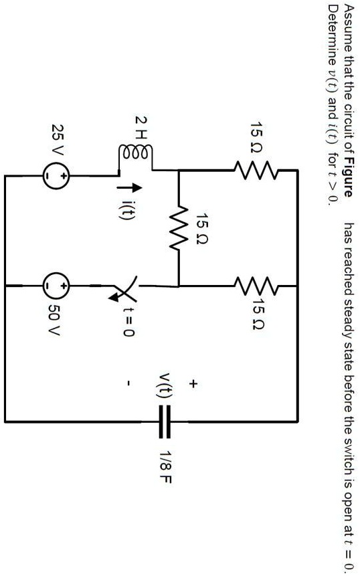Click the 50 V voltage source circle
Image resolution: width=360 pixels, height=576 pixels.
click(x=56, y=284)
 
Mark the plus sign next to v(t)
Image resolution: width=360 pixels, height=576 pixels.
click(x=193, y=384)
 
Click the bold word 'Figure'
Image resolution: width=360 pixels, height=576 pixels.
click(x=347, y=180)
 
